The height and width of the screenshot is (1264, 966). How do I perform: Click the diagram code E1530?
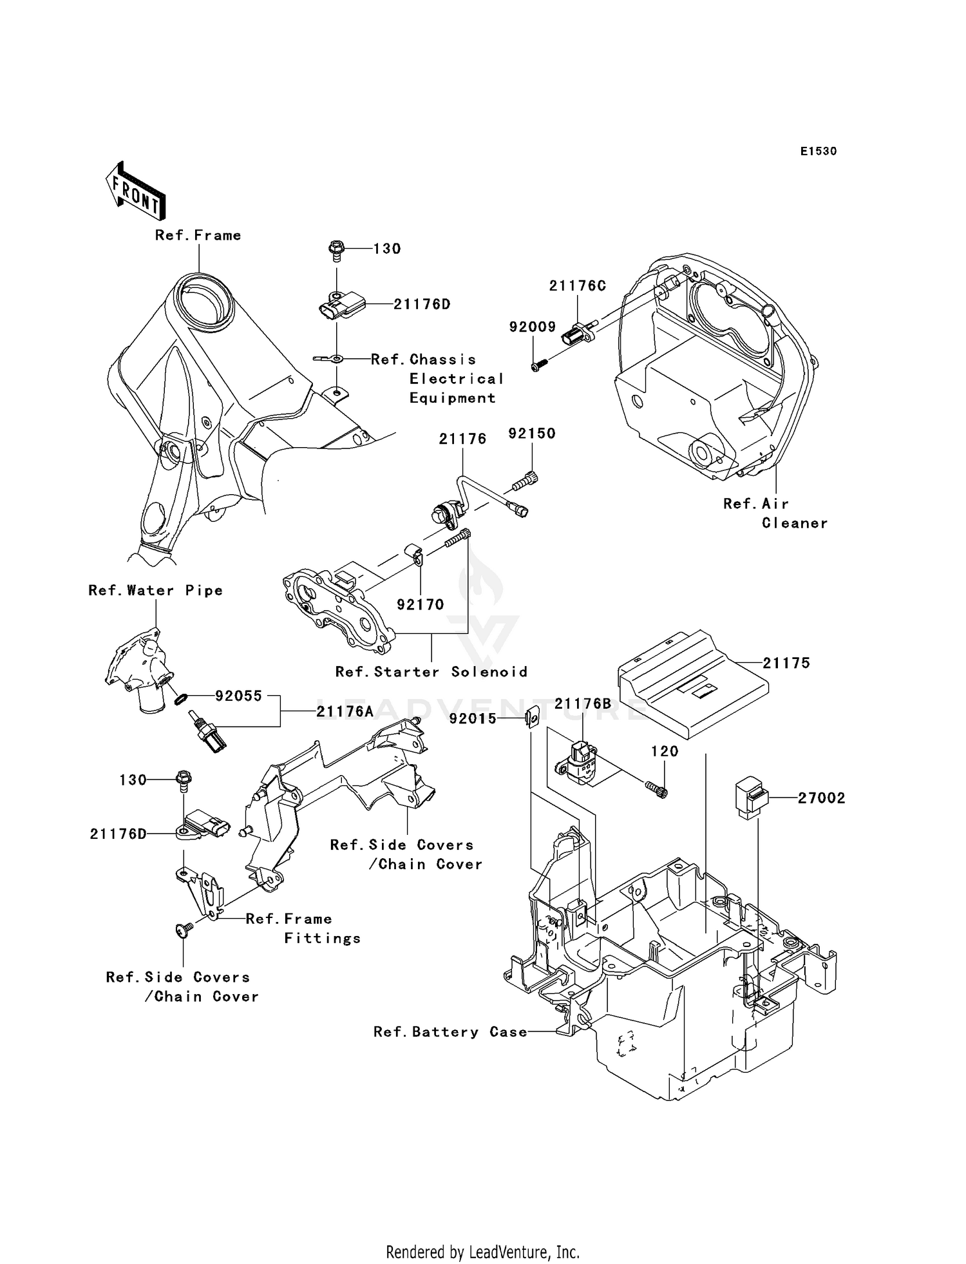(818, 151)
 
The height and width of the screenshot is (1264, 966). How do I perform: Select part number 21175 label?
(786, 663)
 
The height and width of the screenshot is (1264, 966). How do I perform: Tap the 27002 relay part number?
(821, 798)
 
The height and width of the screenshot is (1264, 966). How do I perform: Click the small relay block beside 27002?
(750, 800)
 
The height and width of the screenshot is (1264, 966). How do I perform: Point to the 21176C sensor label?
(578, 285)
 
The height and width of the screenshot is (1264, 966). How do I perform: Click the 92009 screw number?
(532, 327)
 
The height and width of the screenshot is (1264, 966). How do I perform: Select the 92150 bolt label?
(531, 434)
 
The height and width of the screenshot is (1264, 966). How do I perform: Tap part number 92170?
(420, 604)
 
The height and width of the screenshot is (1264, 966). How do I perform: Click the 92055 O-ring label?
(239, 696)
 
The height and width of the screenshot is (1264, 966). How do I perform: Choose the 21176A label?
(345, 711)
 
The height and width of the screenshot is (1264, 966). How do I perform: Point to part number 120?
(665, 751)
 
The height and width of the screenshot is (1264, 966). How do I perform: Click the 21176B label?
(583, 704)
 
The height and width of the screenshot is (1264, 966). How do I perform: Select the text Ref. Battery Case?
(450, 1032)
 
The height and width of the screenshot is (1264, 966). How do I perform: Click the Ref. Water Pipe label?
(156, 590)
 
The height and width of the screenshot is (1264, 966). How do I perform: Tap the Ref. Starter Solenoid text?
(431, 672)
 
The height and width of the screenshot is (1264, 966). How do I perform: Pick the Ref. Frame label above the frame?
(198, 235)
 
